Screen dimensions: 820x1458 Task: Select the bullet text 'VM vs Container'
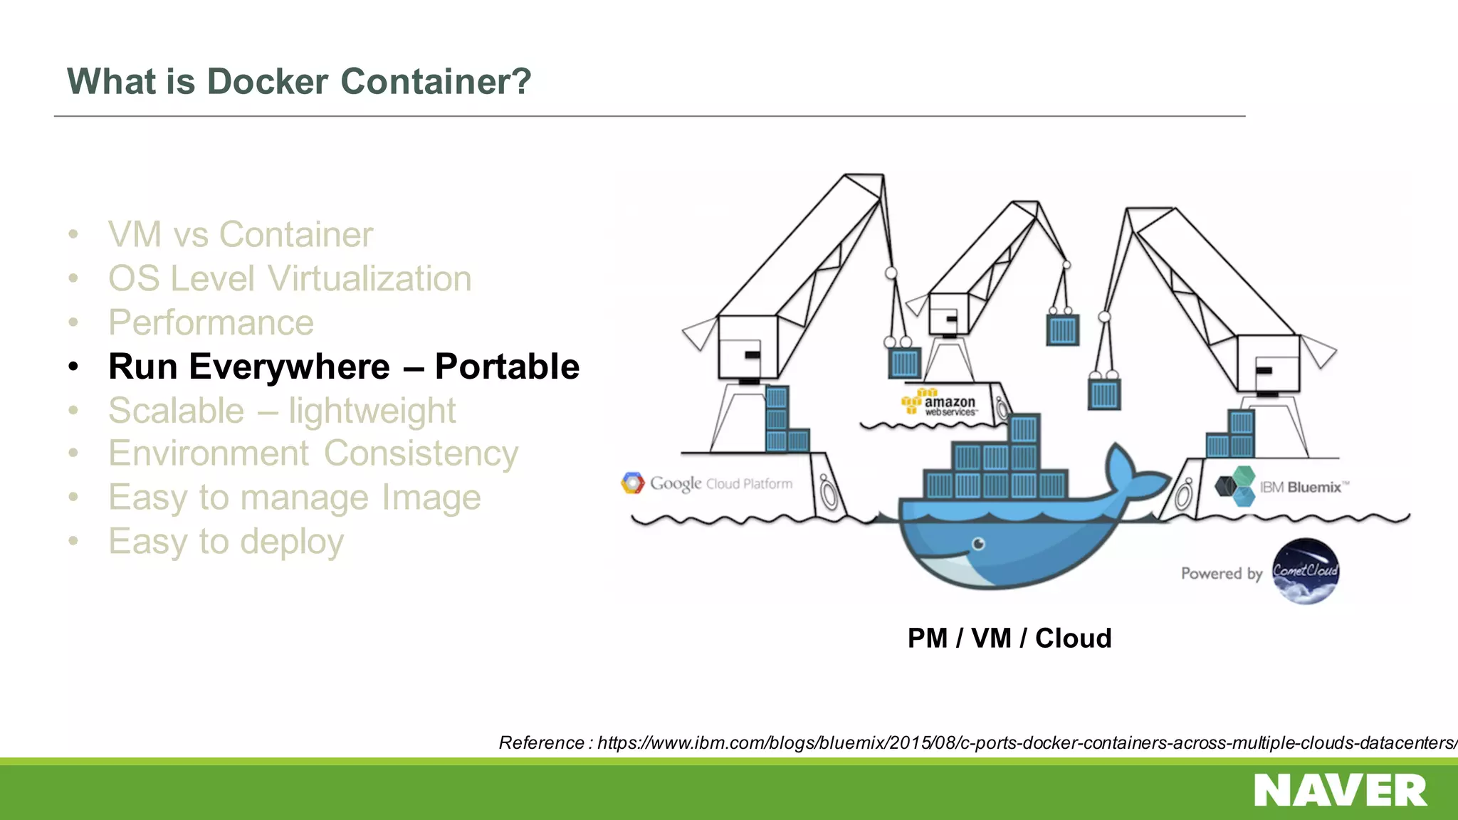pyautogui.click(x=240, y=235)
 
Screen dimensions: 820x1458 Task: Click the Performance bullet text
pyautogui.click(x=211, y=323)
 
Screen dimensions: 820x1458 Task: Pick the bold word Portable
pyautogui.click(x=507, y=367)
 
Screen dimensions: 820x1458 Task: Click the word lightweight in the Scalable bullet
pyautogui.click(x=372, y=411)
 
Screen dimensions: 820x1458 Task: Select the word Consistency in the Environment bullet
pyautogui.click(x=421, y=454)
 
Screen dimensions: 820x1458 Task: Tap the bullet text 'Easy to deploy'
pyautogui.click(x=226, y=542)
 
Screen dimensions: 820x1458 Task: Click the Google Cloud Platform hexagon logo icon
pyautogui.click(x=632, y=483)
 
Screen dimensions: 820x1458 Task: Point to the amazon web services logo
pyautogui.click(x=940, y=403)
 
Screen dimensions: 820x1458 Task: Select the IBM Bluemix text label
pyautogui.click(x=1300, y=488)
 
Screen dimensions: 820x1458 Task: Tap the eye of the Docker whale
pyautogui.click(x=979, y=545)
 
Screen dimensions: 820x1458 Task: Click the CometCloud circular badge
pyautogui.click(x=1306, y=571)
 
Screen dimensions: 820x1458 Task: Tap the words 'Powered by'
pyautogui.click(x=1221, y=574)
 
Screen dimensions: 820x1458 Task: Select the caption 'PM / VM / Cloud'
pyautogui.click(x=1009, y=638)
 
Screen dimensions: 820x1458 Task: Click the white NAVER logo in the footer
pyautogui.click(x=1340, y=791)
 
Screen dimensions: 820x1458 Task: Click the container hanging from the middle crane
pyautogui.click(x=1062, y=330)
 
